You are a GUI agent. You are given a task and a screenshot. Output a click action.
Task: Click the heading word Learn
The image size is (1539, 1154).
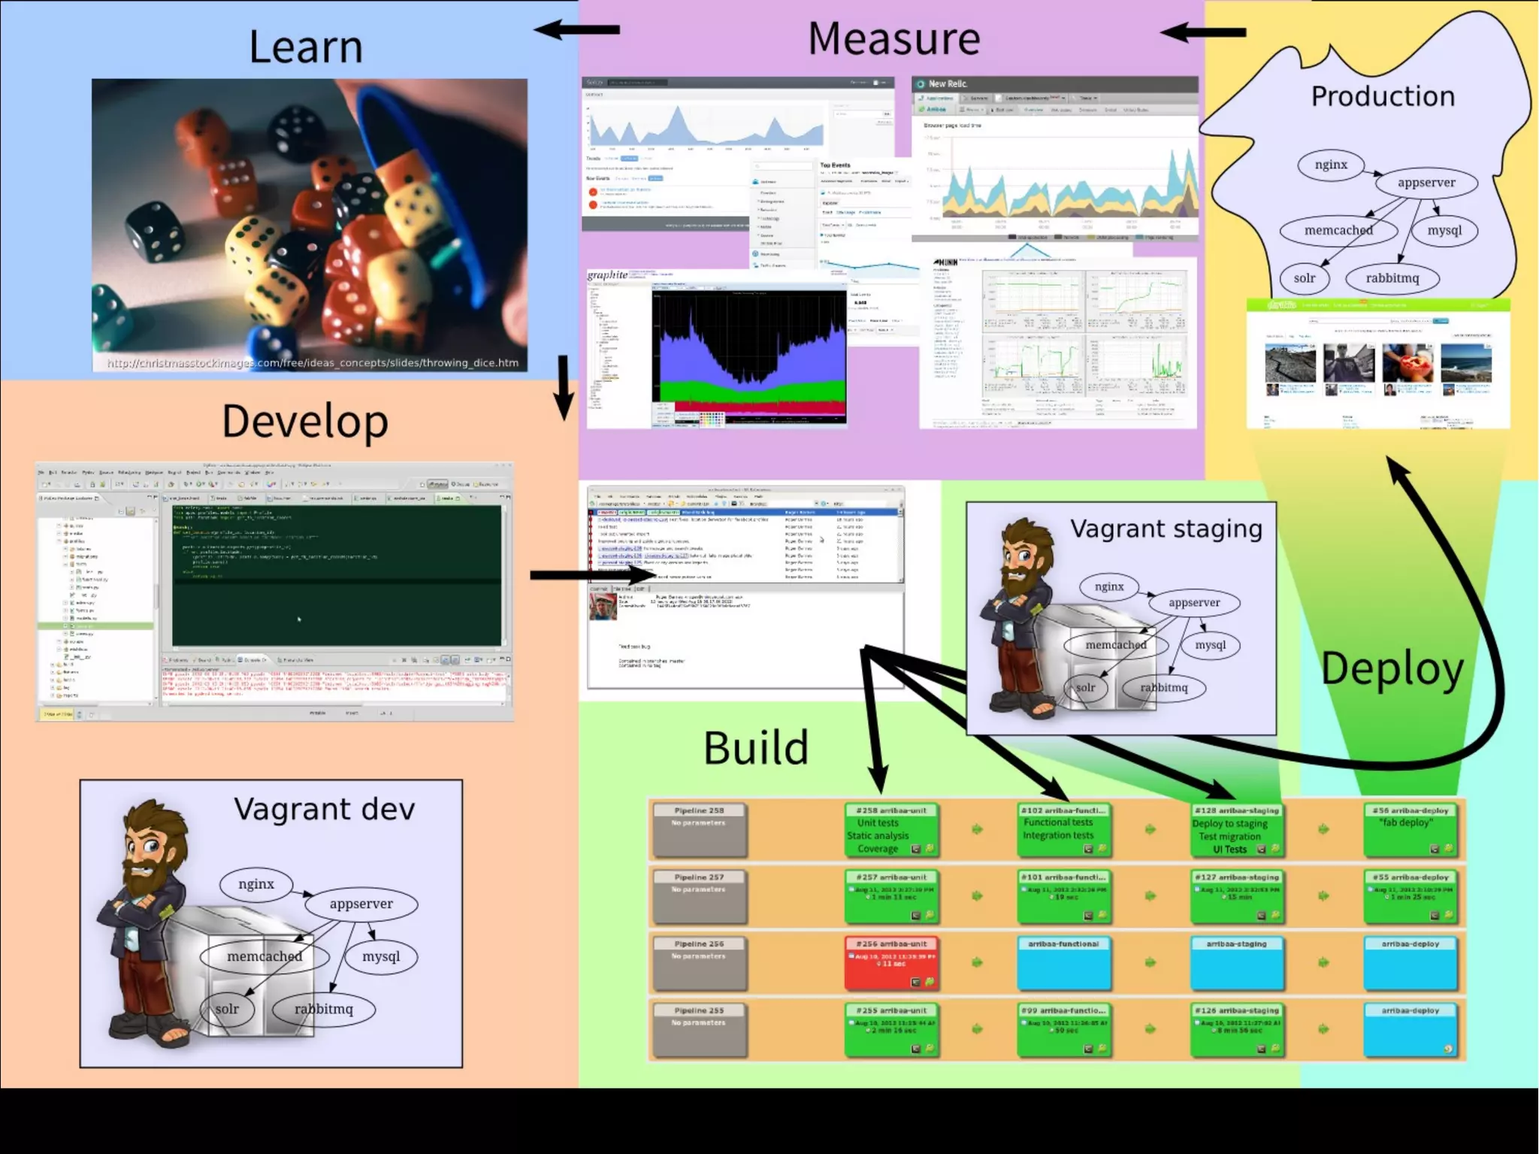[x=305, y=47]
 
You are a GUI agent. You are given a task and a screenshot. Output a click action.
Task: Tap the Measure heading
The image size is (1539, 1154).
[x=893, y=38]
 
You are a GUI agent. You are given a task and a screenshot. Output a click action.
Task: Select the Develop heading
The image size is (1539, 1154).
[x=304, y=421]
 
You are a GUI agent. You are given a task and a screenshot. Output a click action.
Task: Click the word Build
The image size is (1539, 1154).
[x=755, y=747]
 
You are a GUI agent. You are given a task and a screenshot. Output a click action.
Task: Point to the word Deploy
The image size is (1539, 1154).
[x=1392, y=668]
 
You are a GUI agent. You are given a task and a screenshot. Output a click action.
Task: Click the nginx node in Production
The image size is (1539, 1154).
[x=1331, y=165]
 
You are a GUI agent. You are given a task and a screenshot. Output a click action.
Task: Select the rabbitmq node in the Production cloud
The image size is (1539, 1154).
[x=1392, y=278]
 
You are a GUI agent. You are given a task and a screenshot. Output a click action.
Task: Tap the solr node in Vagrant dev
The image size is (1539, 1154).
[x=227, y=1009]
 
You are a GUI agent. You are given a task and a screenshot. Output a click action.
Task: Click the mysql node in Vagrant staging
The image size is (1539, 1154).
[x=1210, y=645]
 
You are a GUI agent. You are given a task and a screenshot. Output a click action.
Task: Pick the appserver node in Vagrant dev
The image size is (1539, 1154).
[x=361, y=904]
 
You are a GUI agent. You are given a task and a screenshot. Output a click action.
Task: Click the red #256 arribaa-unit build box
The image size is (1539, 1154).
[x=891, y=962]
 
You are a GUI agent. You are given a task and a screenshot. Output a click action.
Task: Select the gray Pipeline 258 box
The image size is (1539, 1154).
[x=699, y=829]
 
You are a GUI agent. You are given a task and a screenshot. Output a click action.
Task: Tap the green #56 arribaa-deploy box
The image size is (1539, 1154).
[x=1410, y=829]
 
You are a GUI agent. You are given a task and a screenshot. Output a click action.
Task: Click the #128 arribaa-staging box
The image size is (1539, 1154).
[x=1236, y=829]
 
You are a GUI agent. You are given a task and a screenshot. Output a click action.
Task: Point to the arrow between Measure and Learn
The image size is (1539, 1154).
[x=577, y=30]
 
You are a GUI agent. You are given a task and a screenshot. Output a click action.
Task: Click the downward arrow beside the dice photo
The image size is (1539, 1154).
[x=564, y=387]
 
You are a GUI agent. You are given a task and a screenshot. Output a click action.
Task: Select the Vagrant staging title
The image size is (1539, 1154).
[x=1166, y=529]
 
